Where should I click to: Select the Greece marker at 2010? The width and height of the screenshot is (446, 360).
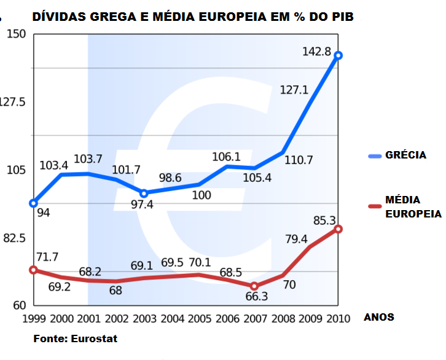tap(338, 55)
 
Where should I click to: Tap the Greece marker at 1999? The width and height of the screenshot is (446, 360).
tap(34, 203)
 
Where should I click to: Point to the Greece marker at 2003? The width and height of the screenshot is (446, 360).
tap(144, 193)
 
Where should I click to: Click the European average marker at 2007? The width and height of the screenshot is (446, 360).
tap(254, 286)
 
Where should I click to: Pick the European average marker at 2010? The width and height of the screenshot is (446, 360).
tap(338, 229)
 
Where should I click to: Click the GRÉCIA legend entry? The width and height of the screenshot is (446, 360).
tap(405, 155)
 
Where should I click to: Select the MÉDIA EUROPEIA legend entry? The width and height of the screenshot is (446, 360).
tap(413, 207)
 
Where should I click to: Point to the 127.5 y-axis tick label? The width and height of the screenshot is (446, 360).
tap(13, 102)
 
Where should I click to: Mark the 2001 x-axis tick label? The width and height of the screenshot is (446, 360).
tap(89, 318)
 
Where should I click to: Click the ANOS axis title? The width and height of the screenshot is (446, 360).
tap(379, 318)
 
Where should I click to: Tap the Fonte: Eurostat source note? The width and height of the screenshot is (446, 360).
tap(75, 338)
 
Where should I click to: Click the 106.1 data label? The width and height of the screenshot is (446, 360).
tap(228, 157)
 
